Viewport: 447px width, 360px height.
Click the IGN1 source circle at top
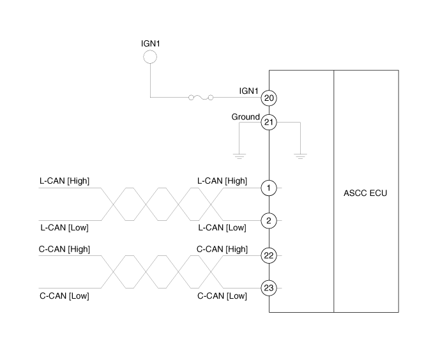149,57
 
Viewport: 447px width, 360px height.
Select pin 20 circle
269,98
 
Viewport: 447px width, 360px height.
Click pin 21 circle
269,122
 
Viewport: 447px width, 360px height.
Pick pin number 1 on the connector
269,188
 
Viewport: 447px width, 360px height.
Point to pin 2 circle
269,221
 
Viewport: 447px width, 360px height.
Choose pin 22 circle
269,255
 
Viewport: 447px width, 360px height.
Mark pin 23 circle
269,289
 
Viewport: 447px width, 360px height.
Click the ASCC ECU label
366,193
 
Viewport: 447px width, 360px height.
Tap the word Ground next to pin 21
245,117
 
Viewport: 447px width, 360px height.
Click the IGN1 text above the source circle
150,43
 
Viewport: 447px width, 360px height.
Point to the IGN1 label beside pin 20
248,91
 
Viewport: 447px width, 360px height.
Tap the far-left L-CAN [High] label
64,181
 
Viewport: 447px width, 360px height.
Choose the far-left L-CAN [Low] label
64,228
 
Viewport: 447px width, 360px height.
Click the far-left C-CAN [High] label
65,249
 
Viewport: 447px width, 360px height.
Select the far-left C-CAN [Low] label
64,296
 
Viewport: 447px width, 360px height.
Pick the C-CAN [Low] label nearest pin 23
222,296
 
